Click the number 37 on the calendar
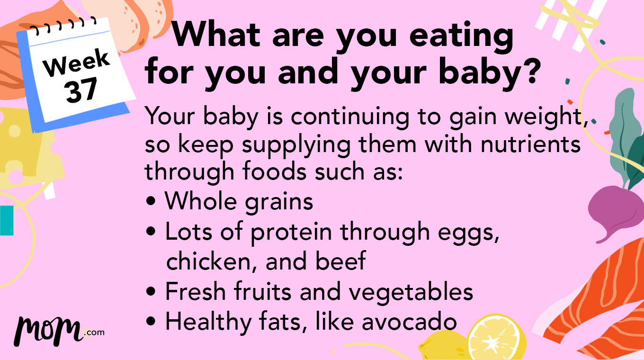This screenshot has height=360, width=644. pos(81,90)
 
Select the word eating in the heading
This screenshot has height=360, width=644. pos(461,36)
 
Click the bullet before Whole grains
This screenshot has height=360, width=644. pos(151,201)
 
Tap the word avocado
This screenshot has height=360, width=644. pos(409,322)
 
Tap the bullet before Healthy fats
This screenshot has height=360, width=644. pos(151,322)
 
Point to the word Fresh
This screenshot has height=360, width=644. pos(196,292)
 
